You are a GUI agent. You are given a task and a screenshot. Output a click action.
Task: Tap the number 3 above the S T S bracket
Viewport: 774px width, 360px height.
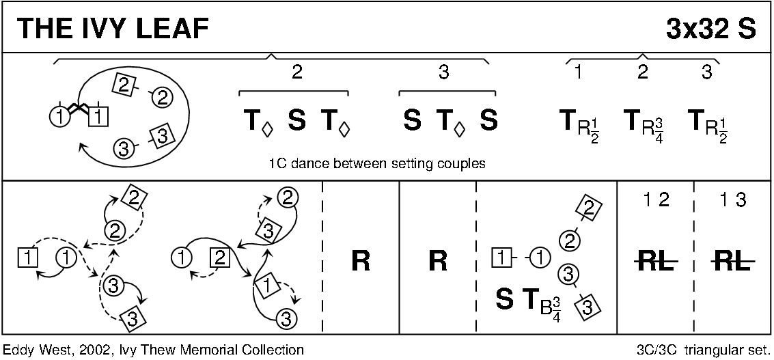tap(443, 72)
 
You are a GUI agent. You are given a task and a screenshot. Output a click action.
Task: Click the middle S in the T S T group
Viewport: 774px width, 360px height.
tap(296, 121)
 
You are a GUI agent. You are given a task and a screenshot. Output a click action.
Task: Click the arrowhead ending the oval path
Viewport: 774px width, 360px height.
tap(82, 146)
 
